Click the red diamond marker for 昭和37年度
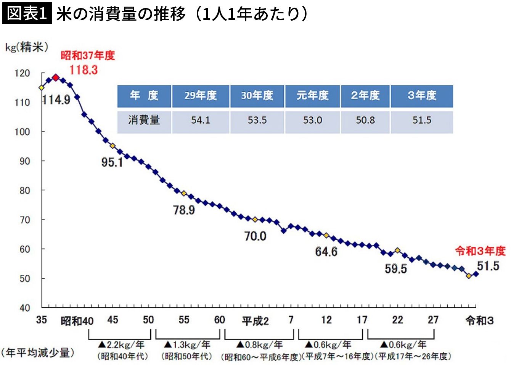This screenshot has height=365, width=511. tap(56, 78)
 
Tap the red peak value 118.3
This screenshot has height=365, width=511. tap(84, 70)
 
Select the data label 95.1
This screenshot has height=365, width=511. tap(112, 162)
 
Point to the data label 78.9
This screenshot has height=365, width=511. tap(184, 210)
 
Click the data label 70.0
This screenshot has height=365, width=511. tap(255, 236)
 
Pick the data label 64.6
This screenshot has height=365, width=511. tap(326, 252)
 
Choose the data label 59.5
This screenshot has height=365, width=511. tap(396, 269)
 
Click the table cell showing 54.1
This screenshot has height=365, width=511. tap(201, 120)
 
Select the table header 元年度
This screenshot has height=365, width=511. tap(313, 95)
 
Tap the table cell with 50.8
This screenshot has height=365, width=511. tap(365, 120)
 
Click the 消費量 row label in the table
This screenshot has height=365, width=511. tap(144, 120)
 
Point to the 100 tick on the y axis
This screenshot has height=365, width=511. tap(22, 132)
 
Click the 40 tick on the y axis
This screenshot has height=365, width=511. tap(25, 308)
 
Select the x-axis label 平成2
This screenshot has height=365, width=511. tap(255, 321)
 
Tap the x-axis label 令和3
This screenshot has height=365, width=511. tap(479, 321)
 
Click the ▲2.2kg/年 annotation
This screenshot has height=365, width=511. tap(121, 345)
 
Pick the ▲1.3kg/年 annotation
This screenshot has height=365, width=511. tap(187, 345)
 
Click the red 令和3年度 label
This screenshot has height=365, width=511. tap(480, 251)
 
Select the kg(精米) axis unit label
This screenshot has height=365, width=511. tap(27, 47)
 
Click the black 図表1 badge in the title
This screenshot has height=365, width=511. tap(27, 13)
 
